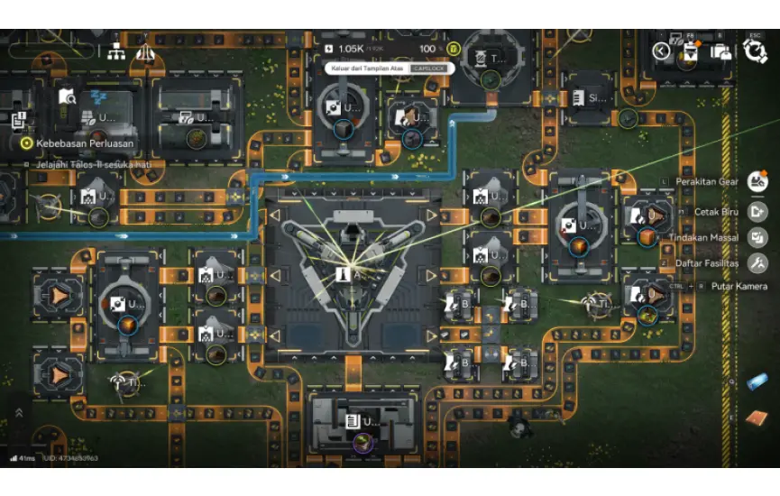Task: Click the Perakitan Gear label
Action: pos(707,181)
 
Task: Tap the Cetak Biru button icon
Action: pos(758,212)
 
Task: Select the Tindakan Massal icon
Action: pos(758,237)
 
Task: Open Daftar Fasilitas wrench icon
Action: pos(758,263)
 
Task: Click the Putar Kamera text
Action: pos(739,287)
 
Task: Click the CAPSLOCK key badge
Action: pos(427,69)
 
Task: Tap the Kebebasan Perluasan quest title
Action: pos(86,143)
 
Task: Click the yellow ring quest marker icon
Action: pos(26,142)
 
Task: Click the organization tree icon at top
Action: pos(115,51)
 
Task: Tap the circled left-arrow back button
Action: pos(661,51)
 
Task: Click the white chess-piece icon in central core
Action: pos(343,274)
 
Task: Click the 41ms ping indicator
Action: pos(23,458)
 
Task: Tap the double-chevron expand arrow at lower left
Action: pos(18,412)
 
